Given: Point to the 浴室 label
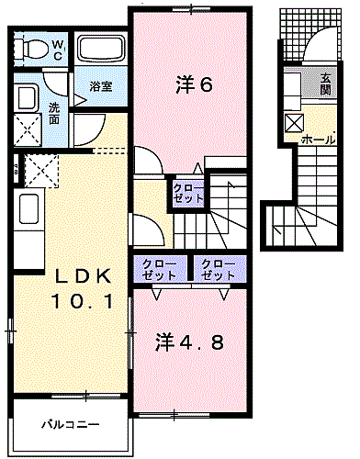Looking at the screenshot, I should click(101, 86).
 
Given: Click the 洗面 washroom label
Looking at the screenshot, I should click(54, 112).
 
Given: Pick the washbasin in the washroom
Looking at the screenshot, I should click(25, 99).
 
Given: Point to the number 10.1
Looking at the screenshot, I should click(80, 299).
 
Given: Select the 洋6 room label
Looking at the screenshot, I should click(195, 86).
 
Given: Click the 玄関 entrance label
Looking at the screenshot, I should click(325, 84).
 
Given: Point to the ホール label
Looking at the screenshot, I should click(318, 140).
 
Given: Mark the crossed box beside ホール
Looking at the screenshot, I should click(293, 122).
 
